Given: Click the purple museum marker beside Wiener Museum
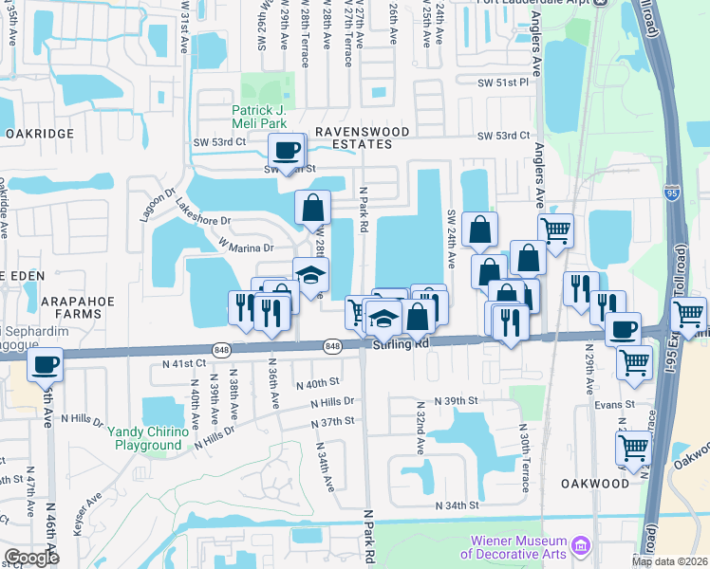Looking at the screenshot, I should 583,546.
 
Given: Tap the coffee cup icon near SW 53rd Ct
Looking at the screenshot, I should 286,151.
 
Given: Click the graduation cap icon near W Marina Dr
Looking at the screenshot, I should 310,275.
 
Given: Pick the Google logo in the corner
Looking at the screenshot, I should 30,558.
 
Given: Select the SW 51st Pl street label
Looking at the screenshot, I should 502,83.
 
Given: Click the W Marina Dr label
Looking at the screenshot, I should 246,247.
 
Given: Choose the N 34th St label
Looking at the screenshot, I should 458,506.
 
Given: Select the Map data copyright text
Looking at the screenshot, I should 668,561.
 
